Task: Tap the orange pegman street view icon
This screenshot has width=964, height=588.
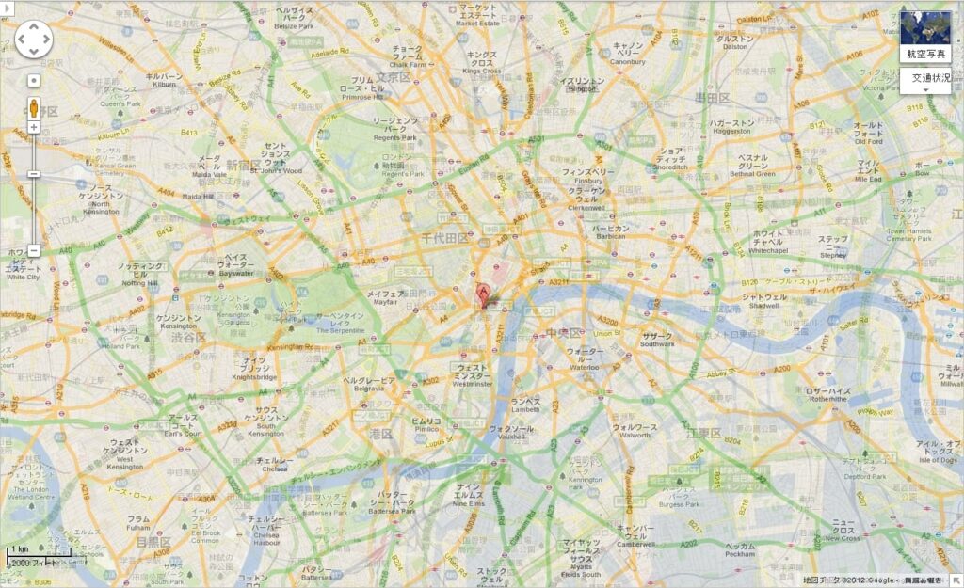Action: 34,106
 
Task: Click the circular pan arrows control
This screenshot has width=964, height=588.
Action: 34,39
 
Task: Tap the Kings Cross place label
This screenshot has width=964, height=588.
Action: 482,63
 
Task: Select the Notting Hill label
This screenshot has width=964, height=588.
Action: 140,275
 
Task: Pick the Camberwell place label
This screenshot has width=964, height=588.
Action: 635,536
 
